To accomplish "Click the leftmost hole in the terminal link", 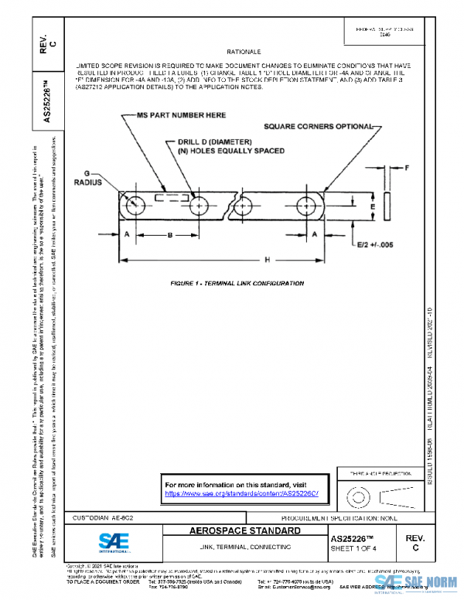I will click(x=136, y=206).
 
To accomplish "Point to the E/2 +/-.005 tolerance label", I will click(x=374, y=244).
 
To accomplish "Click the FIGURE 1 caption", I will click(x=237, y=284).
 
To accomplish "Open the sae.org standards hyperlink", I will click(x=241, y=493).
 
